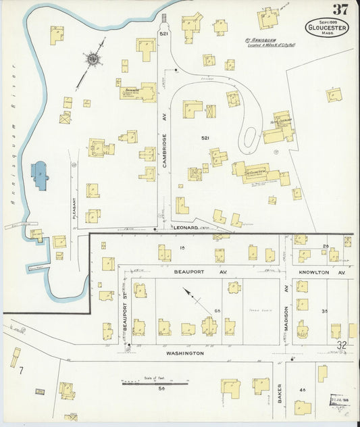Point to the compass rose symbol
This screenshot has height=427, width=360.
[x=92, y=59]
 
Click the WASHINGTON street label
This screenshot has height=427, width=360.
[x=185, y=353]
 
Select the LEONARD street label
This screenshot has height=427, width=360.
[x=185, y=228]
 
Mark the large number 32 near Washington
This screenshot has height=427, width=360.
[x=342, y=345]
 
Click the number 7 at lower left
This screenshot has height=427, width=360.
[x=21, y=370]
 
